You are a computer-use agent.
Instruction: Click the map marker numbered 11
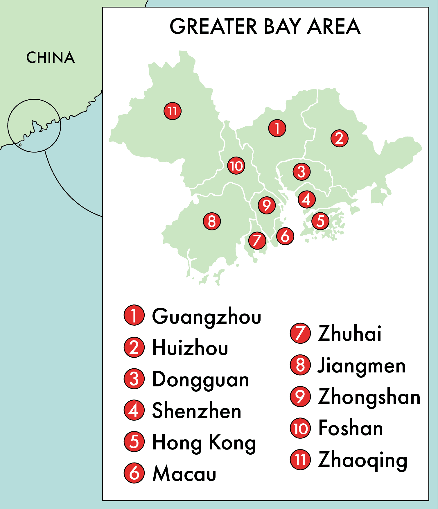click(x=173, y=111)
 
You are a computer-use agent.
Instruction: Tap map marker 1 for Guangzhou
click(x=277, y=128)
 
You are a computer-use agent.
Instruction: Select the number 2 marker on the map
click(x=339, y=138)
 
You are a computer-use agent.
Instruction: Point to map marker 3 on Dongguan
click(x=301, y=172)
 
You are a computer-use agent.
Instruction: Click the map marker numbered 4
click(x=307, y=200)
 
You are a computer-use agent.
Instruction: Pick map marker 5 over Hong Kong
click(x=320, y=221)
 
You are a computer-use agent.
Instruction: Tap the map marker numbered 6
click(x=285, y=236)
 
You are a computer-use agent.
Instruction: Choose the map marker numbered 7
click(x=257, y=241)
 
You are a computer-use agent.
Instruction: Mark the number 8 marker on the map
click(x=212, y=221)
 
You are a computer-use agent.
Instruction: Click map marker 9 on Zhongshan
click(x=267, y=205)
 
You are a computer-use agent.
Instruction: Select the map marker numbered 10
click(x=236, y=166)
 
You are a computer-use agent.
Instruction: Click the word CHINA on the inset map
click(x=51, y=58)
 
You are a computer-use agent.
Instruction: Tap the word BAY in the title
click(x=282, y=26)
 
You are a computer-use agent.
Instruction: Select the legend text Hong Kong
click(x=204, y=442)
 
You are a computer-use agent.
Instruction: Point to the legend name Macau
click(x=184, y=474)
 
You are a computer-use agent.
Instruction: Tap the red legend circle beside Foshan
click(x=300, y=428)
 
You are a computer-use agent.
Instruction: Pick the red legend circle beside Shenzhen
click(x=134, y=411)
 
